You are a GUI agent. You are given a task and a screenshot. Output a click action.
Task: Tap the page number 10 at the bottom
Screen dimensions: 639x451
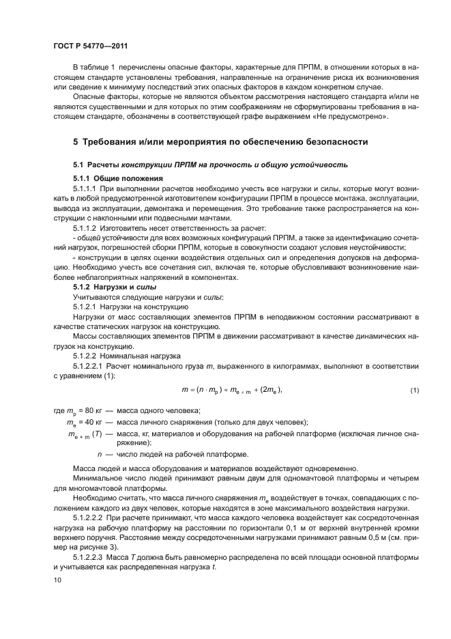58,580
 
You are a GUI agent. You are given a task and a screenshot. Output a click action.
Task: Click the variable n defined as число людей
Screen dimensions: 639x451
100,454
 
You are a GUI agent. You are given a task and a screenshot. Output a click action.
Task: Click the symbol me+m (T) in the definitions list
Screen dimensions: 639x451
83,434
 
